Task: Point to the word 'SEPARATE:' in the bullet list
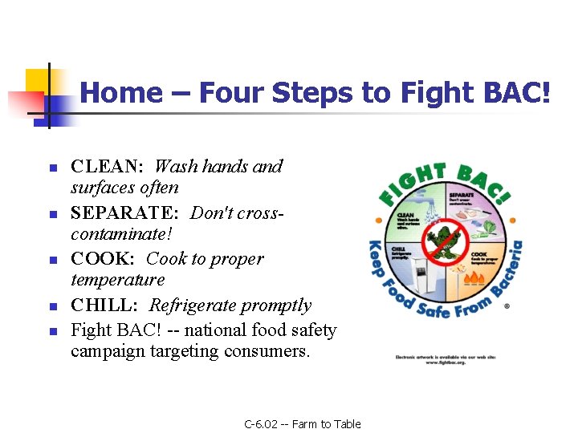[125, 214]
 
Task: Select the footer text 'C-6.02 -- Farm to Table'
[303, 424]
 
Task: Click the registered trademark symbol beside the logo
[507, 306]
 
